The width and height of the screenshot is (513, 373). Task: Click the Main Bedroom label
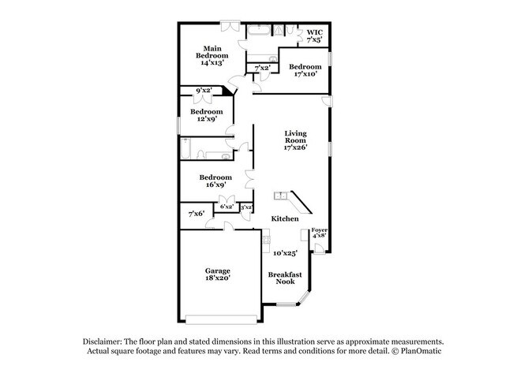tap(212, 55)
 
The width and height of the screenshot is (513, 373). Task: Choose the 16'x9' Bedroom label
tap(215, 181)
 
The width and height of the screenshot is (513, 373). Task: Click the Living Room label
tap(295, 140)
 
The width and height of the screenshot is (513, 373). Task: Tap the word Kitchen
tap(284, 218)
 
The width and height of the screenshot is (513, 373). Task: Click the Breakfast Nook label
tap(283, 278)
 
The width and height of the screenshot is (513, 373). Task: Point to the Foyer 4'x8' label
tap(319, 233)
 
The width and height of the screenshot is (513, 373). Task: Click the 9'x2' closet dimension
tap(204, 91)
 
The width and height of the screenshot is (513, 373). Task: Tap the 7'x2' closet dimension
tap(262, 69)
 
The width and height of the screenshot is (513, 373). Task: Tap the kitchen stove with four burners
tap(266, 236)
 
